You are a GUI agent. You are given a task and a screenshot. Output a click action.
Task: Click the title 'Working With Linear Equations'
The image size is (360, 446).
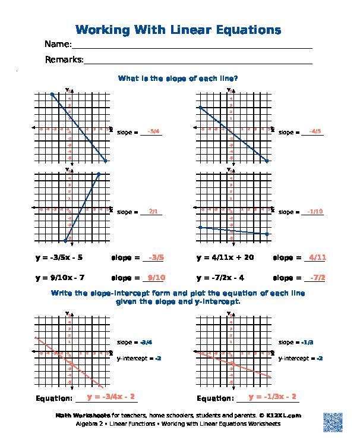178,30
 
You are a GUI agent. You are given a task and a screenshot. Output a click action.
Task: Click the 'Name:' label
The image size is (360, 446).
58,45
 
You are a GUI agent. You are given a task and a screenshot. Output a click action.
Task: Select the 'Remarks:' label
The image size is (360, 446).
64,59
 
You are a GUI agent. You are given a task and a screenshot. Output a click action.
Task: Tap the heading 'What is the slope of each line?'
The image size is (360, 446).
178,78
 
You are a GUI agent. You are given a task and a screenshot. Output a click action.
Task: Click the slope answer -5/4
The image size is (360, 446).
154,131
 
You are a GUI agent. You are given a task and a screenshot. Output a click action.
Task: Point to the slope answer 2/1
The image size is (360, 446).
153,211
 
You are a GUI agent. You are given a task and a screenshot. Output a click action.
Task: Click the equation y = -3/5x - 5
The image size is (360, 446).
59,258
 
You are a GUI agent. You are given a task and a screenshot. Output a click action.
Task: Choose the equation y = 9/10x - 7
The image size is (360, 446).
60,278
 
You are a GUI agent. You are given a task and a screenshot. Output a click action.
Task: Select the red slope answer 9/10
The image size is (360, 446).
156,278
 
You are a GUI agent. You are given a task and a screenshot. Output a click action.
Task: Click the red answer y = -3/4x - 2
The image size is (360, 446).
110,397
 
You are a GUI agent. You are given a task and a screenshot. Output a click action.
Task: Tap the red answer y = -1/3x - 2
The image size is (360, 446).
272,397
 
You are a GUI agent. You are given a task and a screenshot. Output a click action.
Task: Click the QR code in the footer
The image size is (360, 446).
333,421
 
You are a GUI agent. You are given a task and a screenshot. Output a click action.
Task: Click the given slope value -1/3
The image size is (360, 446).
307,343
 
